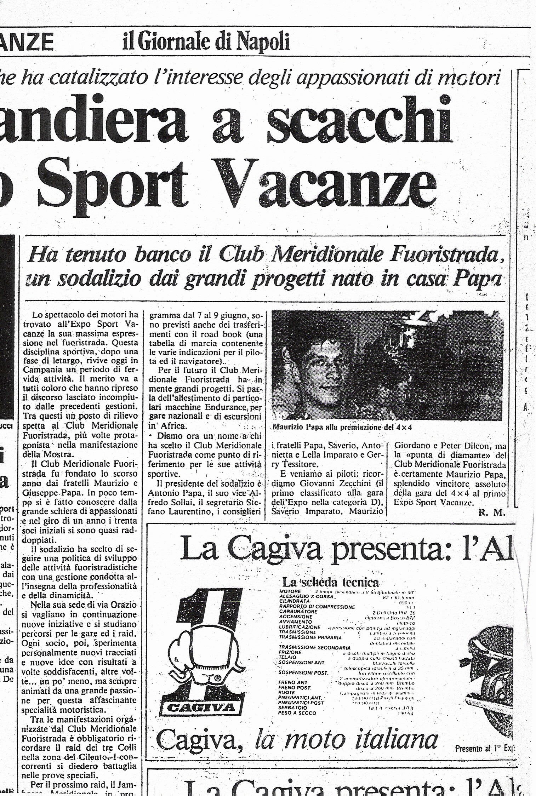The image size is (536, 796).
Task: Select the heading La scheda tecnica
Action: (330, 582)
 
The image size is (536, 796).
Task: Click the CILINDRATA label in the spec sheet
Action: (294, 601)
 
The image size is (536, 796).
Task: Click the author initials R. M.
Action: (492, 512)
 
